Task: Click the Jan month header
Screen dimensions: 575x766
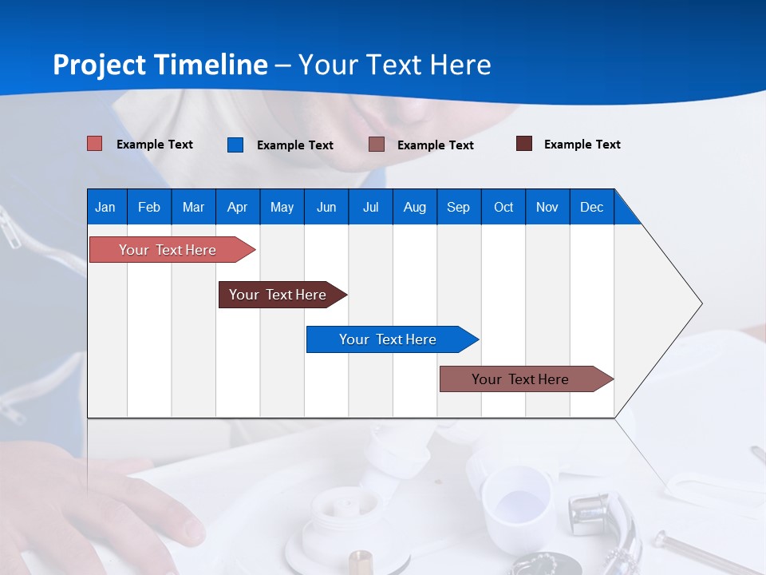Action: pyautogui.click(x=105, y=207)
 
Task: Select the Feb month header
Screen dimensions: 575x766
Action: pyautogui.click(x=149, y=207)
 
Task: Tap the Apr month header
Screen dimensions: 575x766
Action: pyautogui.click(x=237, y=207)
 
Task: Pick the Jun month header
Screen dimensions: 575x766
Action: pyautogui.click(x=326, y=207)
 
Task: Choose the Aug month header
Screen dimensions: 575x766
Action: pyautogui.click(x=414, y=207)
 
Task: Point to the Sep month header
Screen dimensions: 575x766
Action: pyautogui.click(x=458, y=207)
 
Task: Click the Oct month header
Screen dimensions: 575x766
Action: pyautogui.click(x=503, y=207)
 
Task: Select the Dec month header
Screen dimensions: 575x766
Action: pyautogui.click(x=591, y=207)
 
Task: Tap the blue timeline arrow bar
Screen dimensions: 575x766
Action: pyautogui.click(x=389, y=339)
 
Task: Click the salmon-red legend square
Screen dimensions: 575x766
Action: pyautogui.click(x=95, y=144)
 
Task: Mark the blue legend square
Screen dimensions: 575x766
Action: pyautogui.click(x=235, y=145)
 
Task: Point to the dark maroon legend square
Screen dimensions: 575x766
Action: pyautogui.click(x=524, y=144)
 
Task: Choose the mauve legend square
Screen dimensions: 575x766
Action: pyautogui.click(x=377, y=145)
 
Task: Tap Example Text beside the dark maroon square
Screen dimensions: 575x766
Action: pyautogui.click(x=582, y=145)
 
